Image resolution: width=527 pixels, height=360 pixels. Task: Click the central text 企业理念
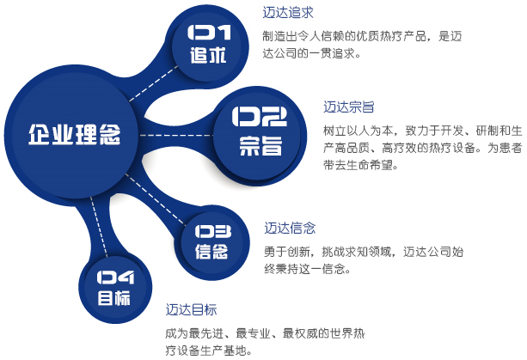[x=74, y=135]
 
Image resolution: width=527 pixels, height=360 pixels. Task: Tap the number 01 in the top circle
[x=209, y=33]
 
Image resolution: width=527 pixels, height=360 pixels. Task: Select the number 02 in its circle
[x=259, y=117]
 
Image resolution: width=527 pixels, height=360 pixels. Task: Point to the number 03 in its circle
[x=213, y=231]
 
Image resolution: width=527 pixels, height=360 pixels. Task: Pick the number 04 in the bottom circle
[x=115, y=278]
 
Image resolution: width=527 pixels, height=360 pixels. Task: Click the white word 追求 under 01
[x=208, y=55]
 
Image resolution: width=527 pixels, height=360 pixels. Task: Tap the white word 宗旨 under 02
[x=260, y=146]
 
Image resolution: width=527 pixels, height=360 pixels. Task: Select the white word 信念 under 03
[x=211, y=251]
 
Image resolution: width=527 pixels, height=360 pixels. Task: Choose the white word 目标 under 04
[x=114, y=298]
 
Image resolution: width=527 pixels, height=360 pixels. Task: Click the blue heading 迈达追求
[x=288, y=13]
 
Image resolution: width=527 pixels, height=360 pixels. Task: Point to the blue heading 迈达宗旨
[x=349, y=107]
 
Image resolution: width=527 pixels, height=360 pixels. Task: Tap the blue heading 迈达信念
[x=290, y=228]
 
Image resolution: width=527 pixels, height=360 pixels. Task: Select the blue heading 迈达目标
[x=191, y=309]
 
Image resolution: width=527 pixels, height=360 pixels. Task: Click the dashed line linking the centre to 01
[x=154, y=83]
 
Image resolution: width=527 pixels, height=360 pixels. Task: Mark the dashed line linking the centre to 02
[x=176, y=136]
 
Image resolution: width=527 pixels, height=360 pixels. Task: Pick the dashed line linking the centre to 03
[x=156, y=199]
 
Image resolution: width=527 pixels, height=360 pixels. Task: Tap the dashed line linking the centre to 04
[x=99, y=227]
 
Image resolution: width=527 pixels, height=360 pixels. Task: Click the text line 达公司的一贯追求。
[x=311, y=53]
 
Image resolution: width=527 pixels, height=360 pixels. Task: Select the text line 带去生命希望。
[x=360, y=165]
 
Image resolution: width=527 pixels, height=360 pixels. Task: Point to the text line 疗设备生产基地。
[x=209, y=351]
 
